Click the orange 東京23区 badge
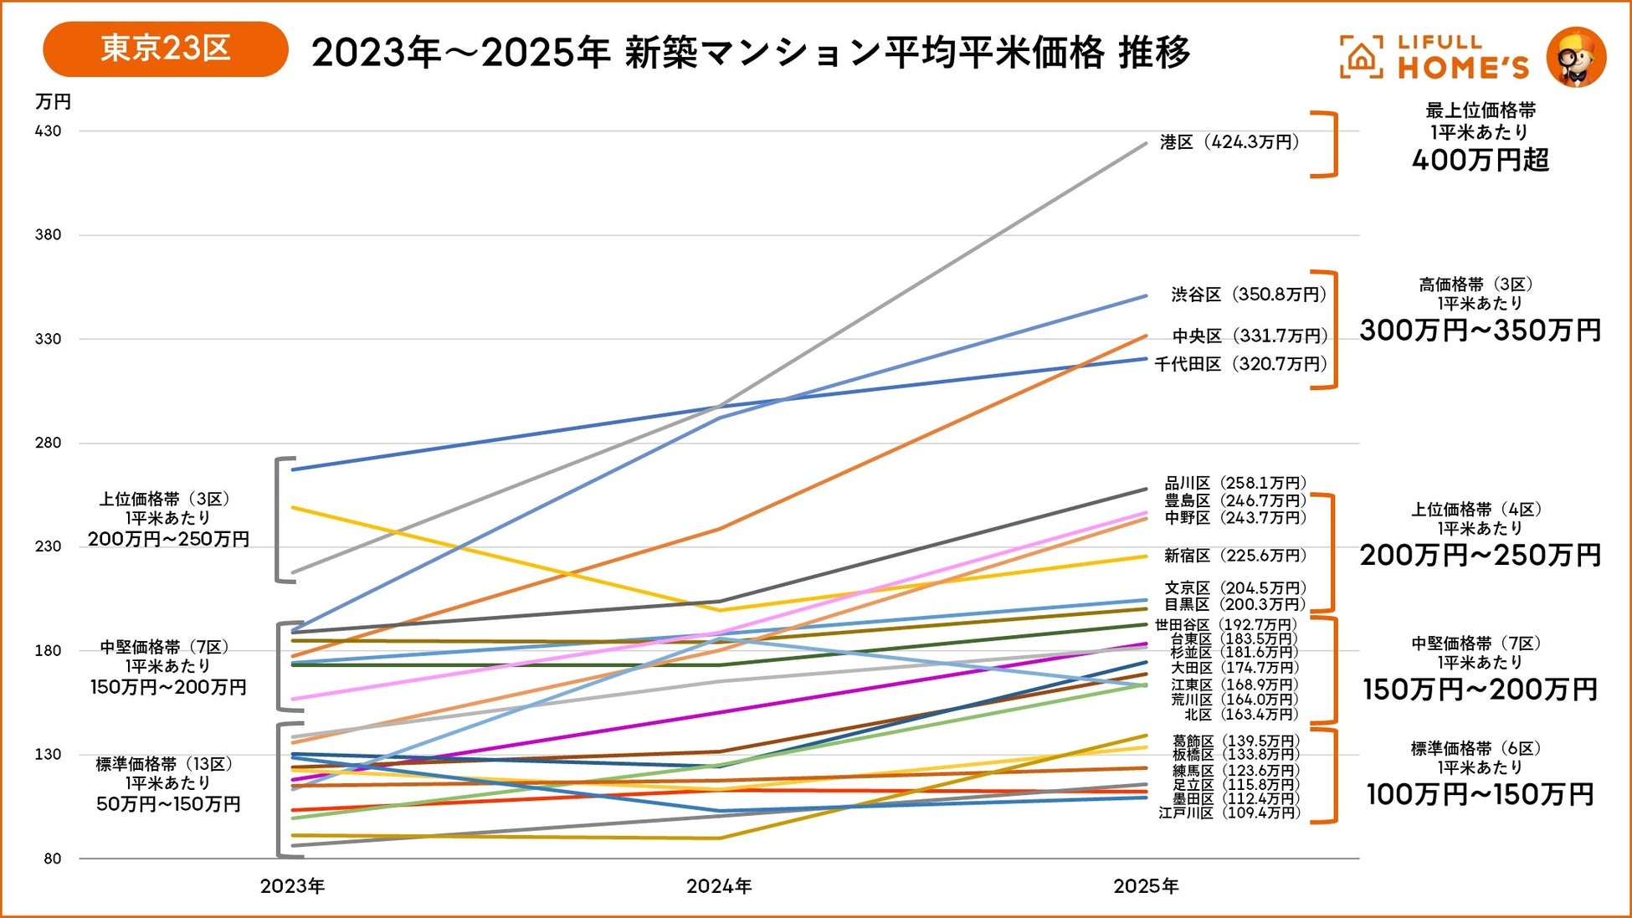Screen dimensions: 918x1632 pos(165,49)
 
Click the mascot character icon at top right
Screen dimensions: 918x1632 pos(1576,57)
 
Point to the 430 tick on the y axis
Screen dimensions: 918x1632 pos(49,131)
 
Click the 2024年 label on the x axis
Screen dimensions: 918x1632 pos(719,886)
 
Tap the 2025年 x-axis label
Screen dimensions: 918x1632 pos(1146,886)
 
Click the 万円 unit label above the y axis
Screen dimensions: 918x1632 pos(53,102)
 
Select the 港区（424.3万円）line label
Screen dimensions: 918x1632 pos(1229,142)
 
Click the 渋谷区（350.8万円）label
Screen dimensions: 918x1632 pos(1249,295)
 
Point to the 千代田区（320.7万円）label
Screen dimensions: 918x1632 pos(1240,364)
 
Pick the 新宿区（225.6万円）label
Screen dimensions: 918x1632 pos(1234,556)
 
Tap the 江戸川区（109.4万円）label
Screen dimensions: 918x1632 pos(1229,813)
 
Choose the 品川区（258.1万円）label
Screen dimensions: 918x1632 pos(1235,483)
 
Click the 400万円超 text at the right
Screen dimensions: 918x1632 pos(1480,160)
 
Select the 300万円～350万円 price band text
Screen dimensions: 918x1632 pos(1480,331)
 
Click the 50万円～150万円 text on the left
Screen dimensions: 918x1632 pos(168,804)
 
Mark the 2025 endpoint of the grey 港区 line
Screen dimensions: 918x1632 pos(1146,144)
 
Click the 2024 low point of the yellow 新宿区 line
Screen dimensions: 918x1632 pos(719,610)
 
